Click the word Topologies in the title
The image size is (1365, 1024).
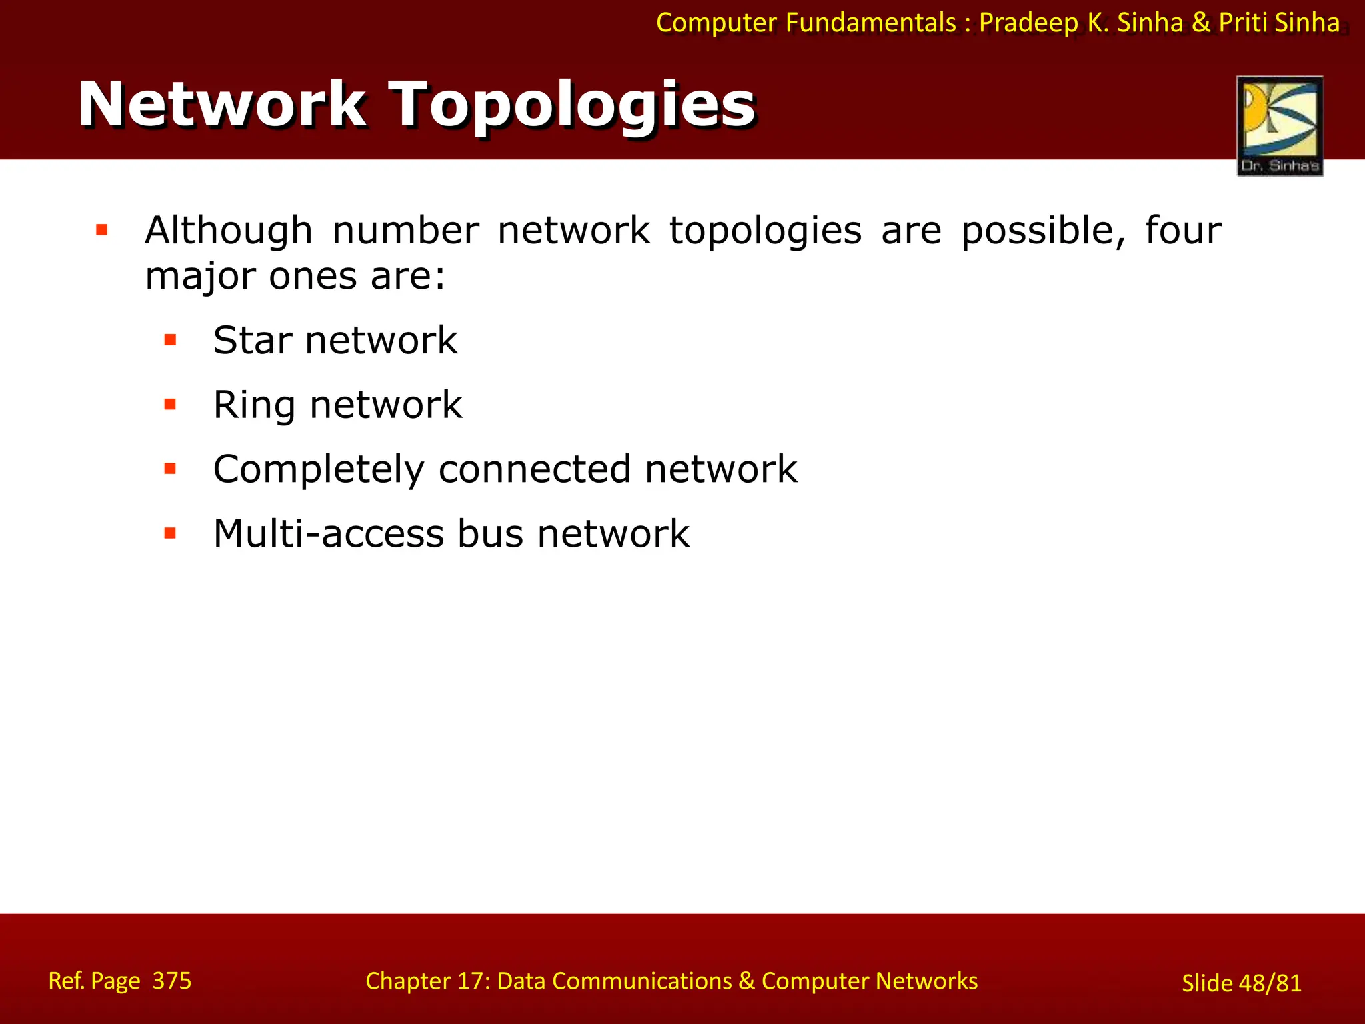573,105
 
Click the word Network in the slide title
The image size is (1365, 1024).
222,104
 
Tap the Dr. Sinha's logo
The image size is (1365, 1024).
1280,126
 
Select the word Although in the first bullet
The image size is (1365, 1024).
229,231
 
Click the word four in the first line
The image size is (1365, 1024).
1183,231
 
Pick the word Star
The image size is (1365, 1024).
252,341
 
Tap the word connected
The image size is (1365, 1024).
534,469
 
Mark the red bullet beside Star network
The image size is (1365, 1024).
171,341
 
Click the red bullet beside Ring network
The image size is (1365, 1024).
171,405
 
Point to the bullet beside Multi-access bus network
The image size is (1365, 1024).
171,533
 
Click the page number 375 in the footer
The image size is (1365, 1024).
172,981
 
